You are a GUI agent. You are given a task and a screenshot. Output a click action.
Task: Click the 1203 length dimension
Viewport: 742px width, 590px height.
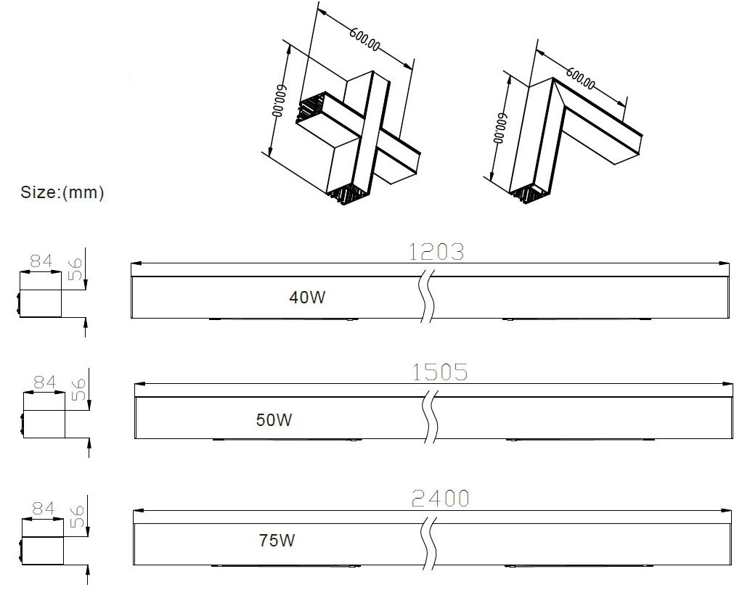pos(436,252)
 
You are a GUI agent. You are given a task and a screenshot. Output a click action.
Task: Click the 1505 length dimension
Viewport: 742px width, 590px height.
pos(440,372)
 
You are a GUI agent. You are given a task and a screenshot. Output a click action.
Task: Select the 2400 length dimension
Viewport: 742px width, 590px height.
pos(440,499)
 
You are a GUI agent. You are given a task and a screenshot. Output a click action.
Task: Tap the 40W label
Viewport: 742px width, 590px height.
pos(307,297)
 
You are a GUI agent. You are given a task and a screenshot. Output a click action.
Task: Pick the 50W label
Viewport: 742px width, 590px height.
pos(274,419)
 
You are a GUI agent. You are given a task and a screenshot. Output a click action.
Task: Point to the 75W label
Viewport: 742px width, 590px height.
pos(277,540)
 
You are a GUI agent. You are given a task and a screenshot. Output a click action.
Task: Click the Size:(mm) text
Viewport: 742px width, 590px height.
pos(62,192)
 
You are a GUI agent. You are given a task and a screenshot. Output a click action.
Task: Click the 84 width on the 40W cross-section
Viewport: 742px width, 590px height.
pos(41,261)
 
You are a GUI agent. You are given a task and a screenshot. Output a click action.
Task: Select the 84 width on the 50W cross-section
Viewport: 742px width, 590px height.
pos(44,382)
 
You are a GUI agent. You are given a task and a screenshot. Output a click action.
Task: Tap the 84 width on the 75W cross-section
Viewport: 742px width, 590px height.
pos(43,509)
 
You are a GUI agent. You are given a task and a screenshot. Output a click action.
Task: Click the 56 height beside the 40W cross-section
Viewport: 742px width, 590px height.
pos(75,269)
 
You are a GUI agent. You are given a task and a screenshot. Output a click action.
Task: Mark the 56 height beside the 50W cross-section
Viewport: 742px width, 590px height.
pos(78,390)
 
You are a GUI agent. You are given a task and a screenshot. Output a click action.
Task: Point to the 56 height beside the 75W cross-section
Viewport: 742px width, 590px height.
pos(77,517)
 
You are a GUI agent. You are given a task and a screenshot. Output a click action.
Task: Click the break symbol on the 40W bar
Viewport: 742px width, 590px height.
pos(428,295)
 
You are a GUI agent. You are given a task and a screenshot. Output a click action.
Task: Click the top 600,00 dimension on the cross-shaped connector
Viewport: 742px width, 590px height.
pos(365,39)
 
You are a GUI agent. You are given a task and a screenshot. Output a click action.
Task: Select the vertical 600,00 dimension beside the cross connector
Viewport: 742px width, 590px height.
pos(280,101)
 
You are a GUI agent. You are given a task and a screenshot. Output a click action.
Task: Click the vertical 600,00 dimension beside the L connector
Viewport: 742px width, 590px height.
pos(500,128)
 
